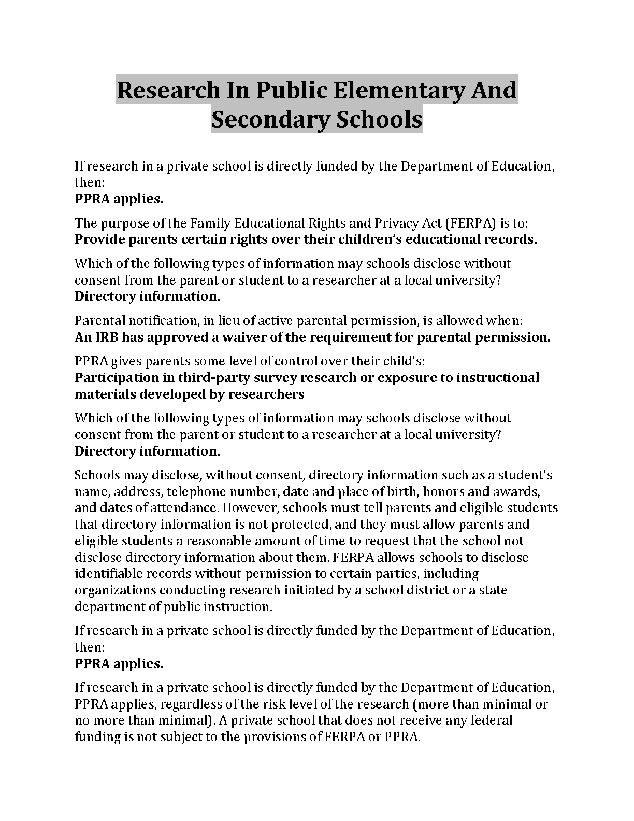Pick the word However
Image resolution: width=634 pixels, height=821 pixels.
click(250, 508)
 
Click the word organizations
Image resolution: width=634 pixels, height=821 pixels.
click(115, 590)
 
